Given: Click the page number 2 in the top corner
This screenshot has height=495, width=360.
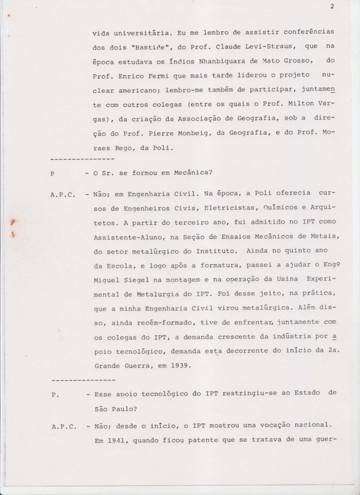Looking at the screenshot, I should point(333,6).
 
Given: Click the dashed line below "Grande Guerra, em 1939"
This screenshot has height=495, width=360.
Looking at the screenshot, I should point(82,379).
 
